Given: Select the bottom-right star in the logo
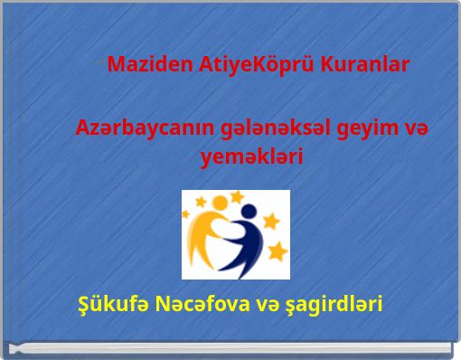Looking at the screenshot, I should point(277,250).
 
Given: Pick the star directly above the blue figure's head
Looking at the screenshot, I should point(238,196).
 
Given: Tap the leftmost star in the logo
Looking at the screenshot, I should point(187,214).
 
